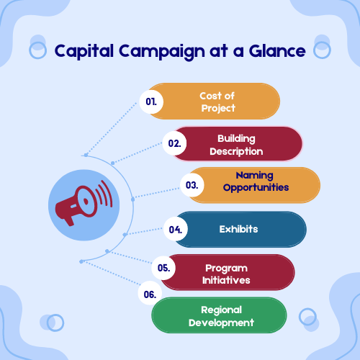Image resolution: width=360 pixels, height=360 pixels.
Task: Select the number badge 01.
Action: click(x=151, y=102)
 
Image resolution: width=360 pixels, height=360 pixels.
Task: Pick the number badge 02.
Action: click(x=174, y=143)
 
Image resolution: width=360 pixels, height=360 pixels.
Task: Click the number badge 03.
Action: click(x=192, y=185)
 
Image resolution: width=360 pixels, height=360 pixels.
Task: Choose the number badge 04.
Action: click(x=175, y=230)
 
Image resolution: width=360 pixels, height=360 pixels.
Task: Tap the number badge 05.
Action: click(x=163, y=268)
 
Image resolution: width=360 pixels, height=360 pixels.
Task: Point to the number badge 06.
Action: click(x=150, y=294)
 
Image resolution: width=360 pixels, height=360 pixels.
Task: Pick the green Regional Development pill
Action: click(x=220, y=315)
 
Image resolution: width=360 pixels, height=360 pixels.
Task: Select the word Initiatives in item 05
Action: click(x=227, y=280)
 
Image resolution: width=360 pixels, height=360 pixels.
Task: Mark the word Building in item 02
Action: click(x=236, y=138)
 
